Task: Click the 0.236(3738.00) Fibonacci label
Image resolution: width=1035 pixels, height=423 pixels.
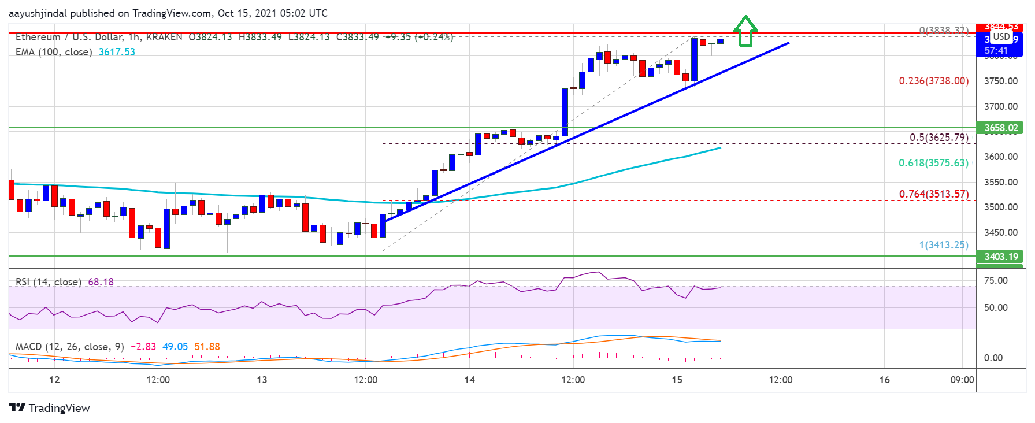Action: point(933,81)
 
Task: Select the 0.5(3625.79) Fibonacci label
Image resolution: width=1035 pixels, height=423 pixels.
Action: point(938,138)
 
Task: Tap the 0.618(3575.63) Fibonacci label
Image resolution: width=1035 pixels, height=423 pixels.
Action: point(933,163)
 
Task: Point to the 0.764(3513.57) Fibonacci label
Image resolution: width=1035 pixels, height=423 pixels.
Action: point(933,194)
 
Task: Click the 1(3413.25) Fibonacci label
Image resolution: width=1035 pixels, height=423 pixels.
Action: point(943,245)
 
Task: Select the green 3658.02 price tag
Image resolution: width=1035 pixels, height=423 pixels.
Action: point(1001,128)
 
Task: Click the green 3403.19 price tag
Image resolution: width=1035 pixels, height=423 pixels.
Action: point(1001,257)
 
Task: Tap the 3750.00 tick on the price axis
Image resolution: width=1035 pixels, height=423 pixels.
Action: point(1000,81)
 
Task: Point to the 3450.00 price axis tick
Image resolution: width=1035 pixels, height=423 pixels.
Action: point(1000,232)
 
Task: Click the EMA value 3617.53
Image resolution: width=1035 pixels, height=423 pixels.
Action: point(117,52)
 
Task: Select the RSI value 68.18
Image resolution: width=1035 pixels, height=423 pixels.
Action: point(101,282)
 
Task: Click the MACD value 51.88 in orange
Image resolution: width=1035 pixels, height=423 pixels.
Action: point(207,347)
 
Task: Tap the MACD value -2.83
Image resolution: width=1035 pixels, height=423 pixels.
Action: point(143,347)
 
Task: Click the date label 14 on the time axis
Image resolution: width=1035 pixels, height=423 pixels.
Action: point(469,380)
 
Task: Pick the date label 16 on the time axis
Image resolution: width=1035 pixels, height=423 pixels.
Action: point(884,380)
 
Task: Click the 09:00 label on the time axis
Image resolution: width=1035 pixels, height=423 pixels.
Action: point(962,380)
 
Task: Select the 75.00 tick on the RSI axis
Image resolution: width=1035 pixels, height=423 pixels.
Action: point(995,280)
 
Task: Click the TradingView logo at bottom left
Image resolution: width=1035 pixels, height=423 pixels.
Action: point(49,408)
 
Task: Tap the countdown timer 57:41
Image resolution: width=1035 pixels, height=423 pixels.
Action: point(996,51)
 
